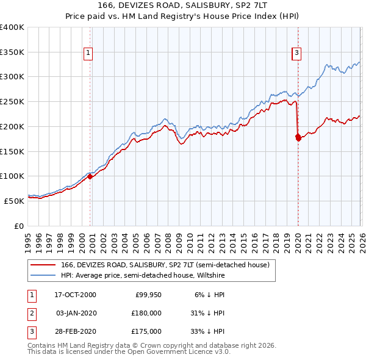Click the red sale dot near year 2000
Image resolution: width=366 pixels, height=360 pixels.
coord(90,176)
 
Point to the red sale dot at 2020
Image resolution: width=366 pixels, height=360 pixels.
coord(298,138)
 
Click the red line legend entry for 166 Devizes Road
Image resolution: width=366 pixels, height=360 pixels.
coord(168,265)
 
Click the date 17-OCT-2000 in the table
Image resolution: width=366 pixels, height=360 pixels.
coord(75,295)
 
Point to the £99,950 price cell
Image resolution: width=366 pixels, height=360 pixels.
coord(146,295)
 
